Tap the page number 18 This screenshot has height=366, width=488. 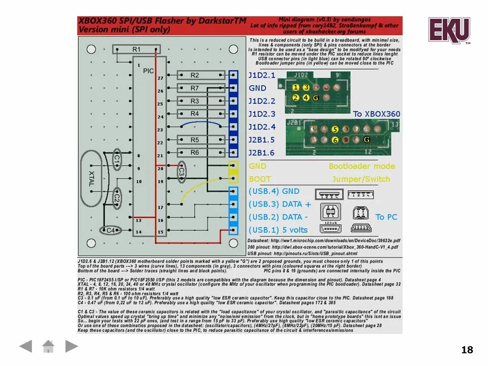[467, 350]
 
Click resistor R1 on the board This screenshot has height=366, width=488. [136, 49]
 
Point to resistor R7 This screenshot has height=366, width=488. [195, 88]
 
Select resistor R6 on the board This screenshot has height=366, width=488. [195, 152]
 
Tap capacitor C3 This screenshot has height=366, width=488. [181, 173]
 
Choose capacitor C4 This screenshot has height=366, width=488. [110, 230]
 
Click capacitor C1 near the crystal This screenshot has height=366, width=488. [117, 160]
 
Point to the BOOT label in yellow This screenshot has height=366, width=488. [260, 179]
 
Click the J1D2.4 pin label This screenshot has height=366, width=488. [262, 127]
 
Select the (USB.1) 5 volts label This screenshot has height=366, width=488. [278, 230]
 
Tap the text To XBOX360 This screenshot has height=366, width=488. [377, 114]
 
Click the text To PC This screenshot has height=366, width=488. [386, 217]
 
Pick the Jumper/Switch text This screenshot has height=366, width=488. [361, 179]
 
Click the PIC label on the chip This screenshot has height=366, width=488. [148, 71]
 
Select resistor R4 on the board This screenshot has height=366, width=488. [195, 114]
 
